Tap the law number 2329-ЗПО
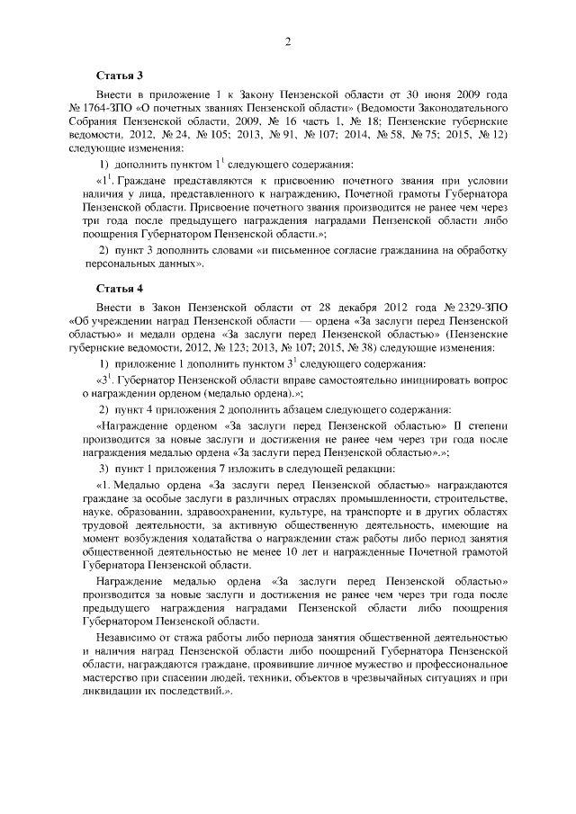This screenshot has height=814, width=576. coord(481,309)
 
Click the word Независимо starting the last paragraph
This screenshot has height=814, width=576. coord(130,640)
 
